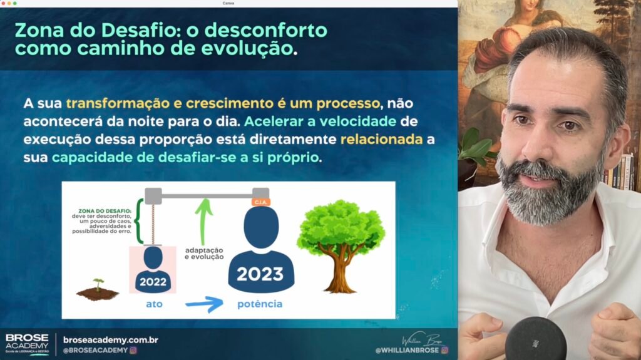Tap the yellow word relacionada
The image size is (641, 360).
(x=381, y=139)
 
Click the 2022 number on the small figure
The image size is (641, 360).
(x=153, y=282)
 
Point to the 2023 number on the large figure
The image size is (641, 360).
(x=260, y=274)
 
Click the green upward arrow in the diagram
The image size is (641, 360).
(x=203, y=221)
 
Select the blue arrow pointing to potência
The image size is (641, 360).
(x=205, y=304)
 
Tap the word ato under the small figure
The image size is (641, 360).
(x=154, y=304)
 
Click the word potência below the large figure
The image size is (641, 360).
(x=260, y=304)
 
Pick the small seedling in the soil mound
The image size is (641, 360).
(x=98, y=284)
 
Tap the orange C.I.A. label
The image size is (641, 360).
(x=261, y=202)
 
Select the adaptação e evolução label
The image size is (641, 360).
(x=204, y=253)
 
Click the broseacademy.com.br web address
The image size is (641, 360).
(x=110, y=340)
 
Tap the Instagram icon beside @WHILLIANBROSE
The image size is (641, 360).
(x=445, y=350)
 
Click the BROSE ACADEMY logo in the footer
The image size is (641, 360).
(x=27, y=344)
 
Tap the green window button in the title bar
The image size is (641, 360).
(x=15, y=3)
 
